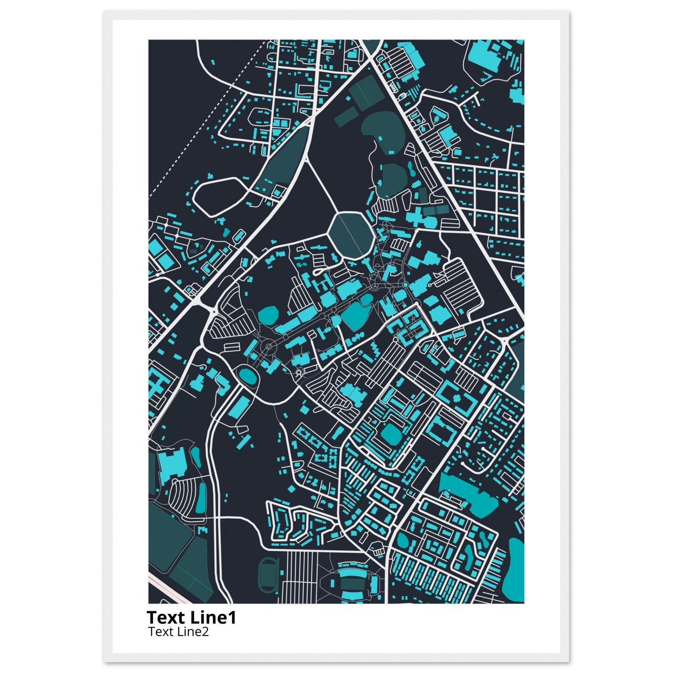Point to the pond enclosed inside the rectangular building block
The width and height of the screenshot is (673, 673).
(x=391, y=433)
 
